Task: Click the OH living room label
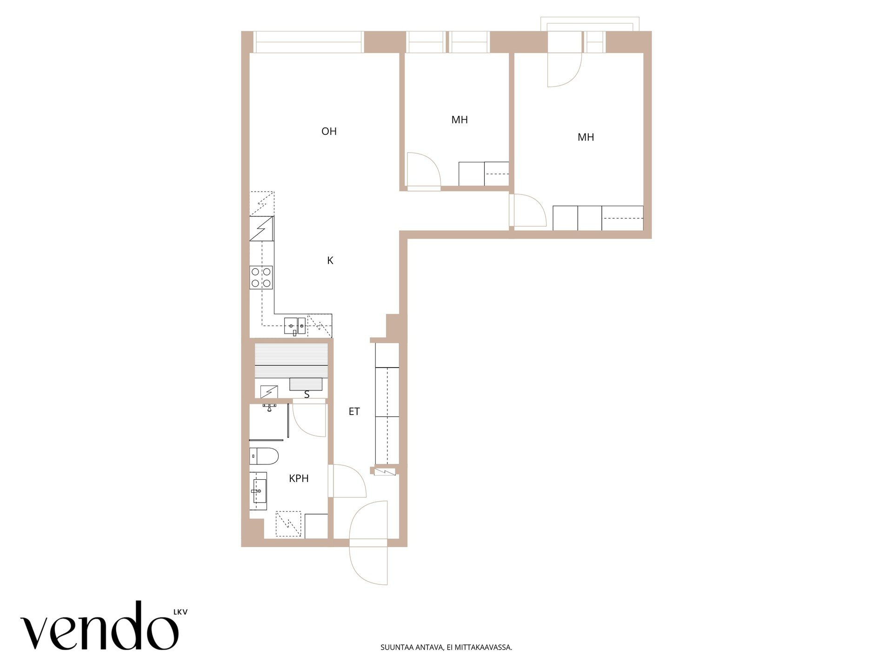[329, 131]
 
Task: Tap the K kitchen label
[330, 261]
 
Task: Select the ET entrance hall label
[354, 411]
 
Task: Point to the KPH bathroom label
[299, 478]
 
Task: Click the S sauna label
[307, 395]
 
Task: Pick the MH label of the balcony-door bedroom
[586, 137]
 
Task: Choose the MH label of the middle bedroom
[460, 120]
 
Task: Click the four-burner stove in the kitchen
[261, 277]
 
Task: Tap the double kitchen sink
[295, 326]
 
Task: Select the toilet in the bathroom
[264, 456]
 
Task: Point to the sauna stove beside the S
[269, 392]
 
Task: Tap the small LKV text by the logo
[180, 612]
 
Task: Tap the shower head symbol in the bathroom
[269, 408]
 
